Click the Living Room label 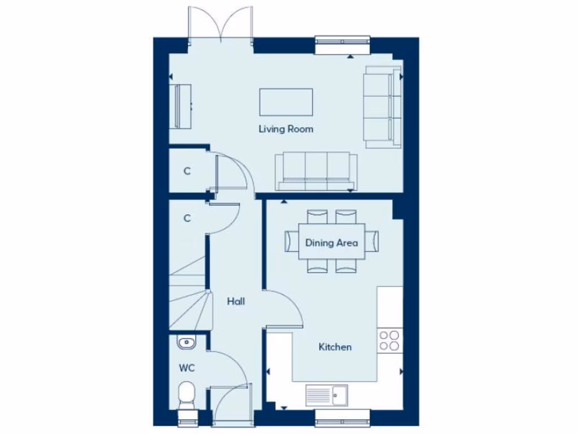[x=286, y=129]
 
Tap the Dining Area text [x=331, y=243]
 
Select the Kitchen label [x=335, y=347]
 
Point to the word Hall [x=235, y=302]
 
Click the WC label [x=187, y=368]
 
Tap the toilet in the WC [x=185, y=394]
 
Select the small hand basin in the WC [x=185, y=342]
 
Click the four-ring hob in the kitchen [x=389, y=340]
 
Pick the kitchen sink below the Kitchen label [x=327, y=396]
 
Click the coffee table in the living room [x=286, y=102]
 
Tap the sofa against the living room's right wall [x=382, y=107]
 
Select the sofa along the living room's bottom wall [x=316, y=171]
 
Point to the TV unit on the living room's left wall [x=182, y=106]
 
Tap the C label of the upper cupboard [x=187, y=171]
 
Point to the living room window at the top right [x=343, y=45]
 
